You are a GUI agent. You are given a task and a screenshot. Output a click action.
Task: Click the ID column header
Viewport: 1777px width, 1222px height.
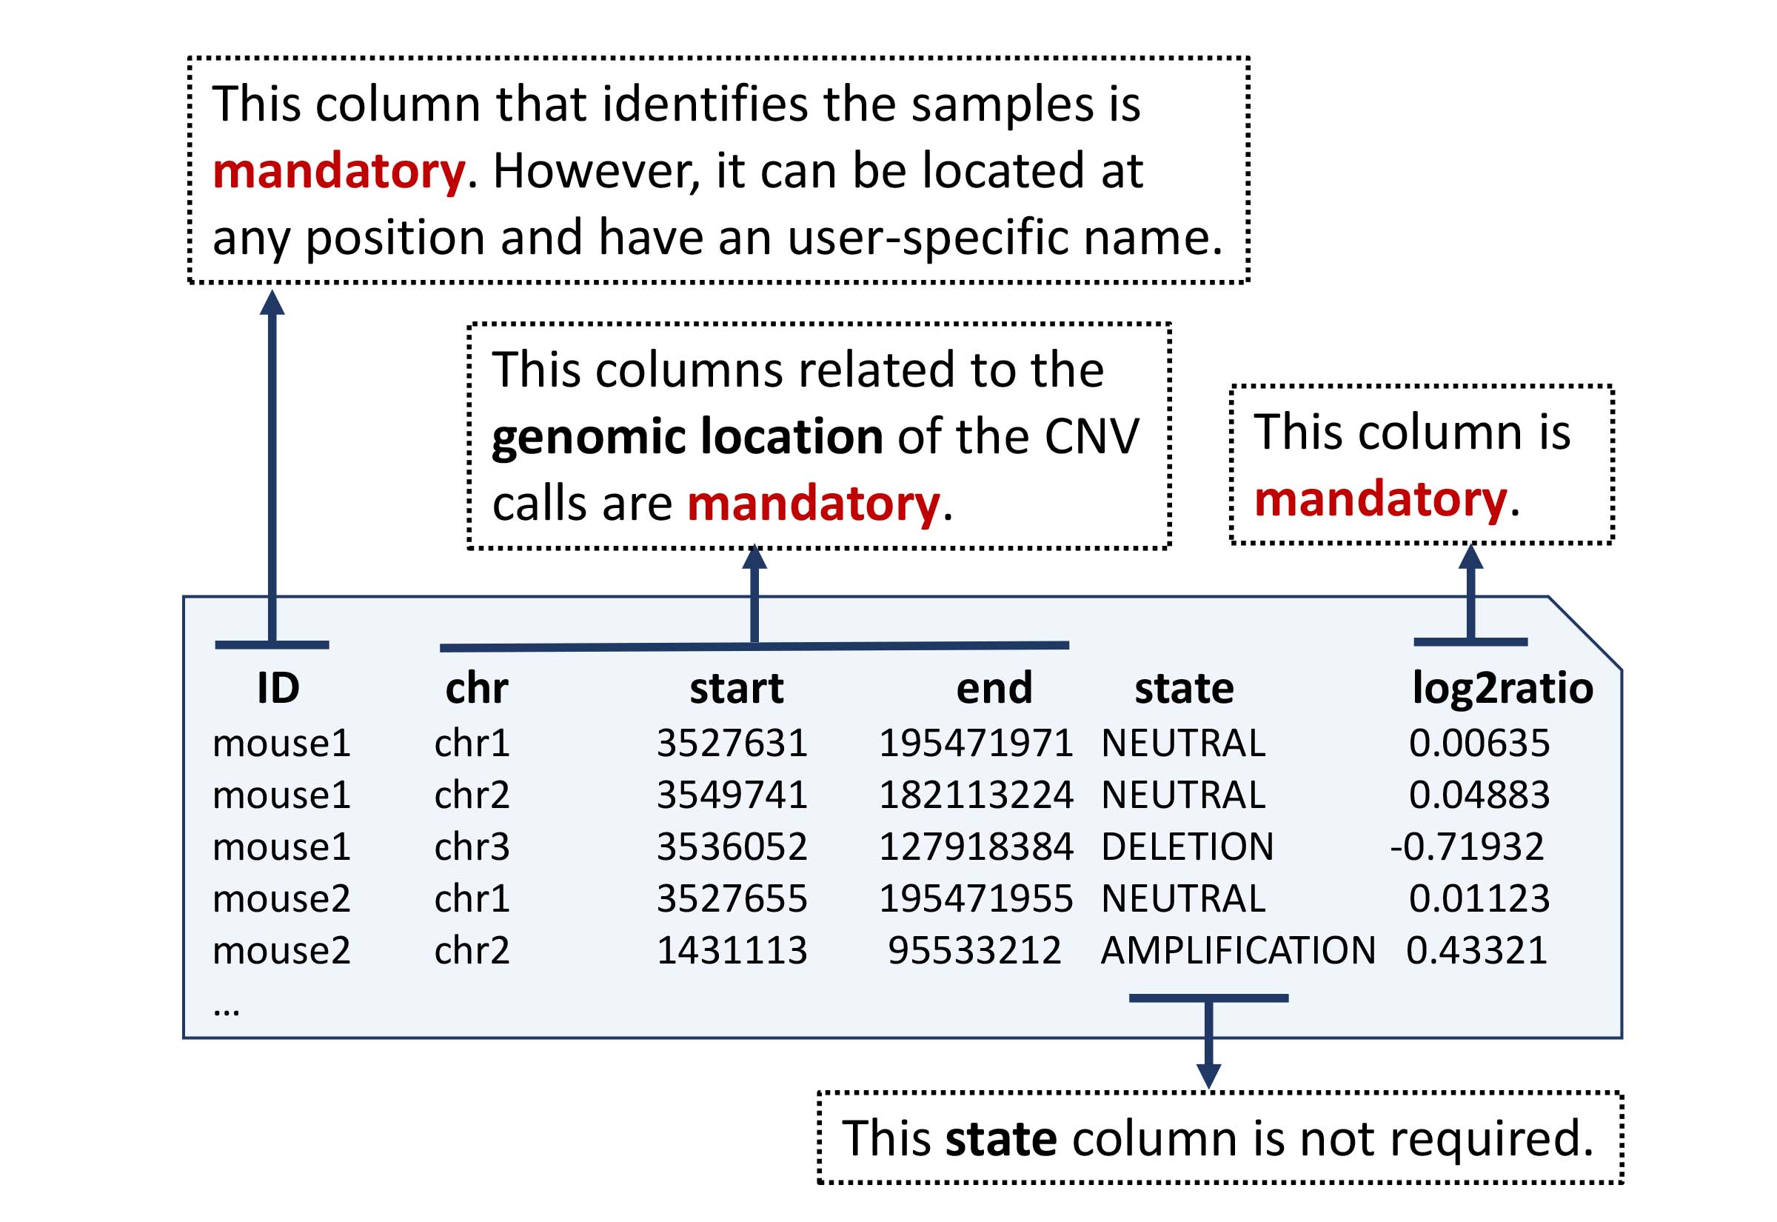click(x=278, y=687)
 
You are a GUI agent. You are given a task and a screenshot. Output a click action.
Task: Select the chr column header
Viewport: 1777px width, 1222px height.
click(x=476, y=687)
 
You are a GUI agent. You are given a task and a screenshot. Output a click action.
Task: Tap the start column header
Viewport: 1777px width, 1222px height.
click(x=736, y=687)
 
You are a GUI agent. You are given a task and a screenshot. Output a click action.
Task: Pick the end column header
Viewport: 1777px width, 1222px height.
click(x=994, y=687)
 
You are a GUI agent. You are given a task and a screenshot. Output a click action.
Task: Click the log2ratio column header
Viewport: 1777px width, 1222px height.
click(x=1502, y=687)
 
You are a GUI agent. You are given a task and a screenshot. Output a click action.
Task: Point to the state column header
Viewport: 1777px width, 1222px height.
click(x=1184, y=687)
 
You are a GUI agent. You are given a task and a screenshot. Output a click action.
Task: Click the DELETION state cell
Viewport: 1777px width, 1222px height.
click(x=1187, y=846)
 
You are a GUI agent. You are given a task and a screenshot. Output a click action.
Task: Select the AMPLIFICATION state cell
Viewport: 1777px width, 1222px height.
click(x=1237, y=950)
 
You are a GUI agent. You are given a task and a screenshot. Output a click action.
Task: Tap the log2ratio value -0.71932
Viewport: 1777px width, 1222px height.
click(x=1466, y=846)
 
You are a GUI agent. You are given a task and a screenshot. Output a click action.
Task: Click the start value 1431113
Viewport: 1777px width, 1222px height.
click(x=732, y=950)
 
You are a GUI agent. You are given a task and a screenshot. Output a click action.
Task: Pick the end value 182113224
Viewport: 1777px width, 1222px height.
click(x=976, y=794)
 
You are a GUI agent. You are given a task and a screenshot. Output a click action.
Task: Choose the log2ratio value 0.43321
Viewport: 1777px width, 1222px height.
click(x=1476, y=950)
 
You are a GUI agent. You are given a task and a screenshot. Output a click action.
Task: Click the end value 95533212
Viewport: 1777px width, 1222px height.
click(x=974, y=950)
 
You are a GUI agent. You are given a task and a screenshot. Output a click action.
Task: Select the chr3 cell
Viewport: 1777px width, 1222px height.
click(x=472, y=846)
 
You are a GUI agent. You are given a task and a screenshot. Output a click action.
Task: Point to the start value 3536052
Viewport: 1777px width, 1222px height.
click(x=732, y=846)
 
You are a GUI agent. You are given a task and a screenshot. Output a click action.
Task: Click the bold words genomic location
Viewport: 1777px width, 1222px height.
click(x=686, y=436)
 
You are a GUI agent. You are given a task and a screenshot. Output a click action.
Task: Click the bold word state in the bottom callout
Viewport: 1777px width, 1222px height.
click(x=1001, y=1138)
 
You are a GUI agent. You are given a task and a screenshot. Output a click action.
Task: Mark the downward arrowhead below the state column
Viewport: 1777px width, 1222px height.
click(x=1208, y=1074)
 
